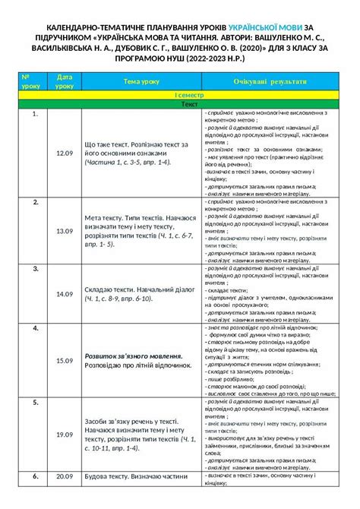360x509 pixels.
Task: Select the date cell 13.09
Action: (x=64, y=230)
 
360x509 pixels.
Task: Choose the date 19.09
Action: (x=64, y=434)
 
